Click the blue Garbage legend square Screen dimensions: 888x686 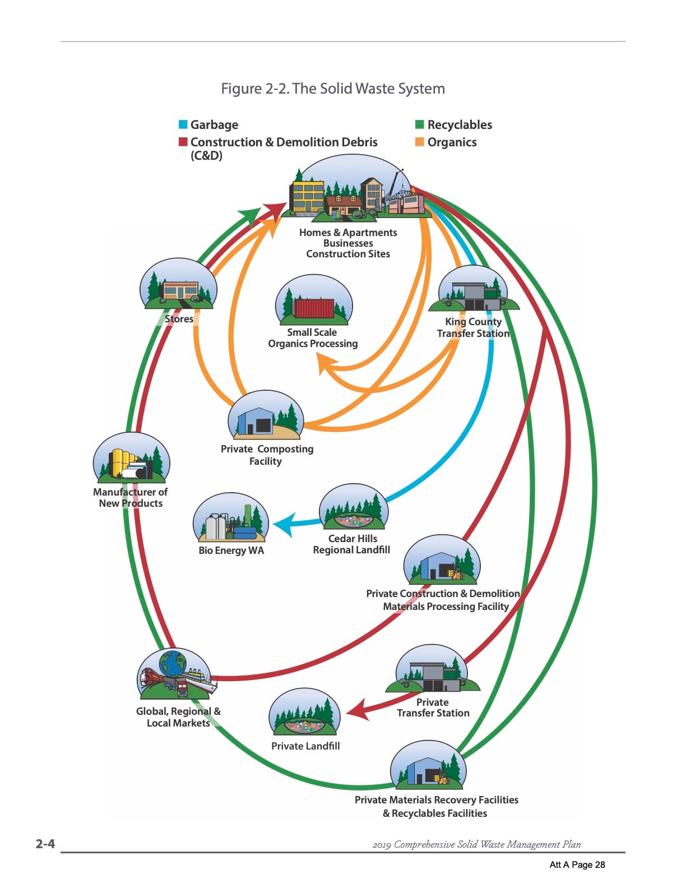click(x=183, y=124)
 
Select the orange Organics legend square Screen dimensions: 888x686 click(x=419, y=142)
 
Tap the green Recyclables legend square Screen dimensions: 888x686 click(x=419, y=124)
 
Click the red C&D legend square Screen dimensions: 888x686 click(x=183, y=142)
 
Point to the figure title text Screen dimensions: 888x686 click(x=333, y=89)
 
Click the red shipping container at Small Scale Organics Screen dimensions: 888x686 click(x=313, y=308)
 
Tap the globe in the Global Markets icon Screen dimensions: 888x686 click(x=173, y=663)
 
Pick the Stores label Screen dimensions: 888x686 click(x=179, y=319)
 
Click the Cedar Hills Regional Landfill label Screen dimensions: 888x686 click(x=351, y=544)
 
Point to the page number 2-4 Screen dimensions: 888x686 click(x=45, y=843)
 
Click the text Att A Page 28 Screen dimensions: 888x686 click(x=577, y=864)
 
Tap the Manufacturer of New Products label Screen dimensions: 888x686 click(x=131, y=497)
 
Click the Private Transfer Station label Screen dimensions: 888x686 click(x=433, y=707)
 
